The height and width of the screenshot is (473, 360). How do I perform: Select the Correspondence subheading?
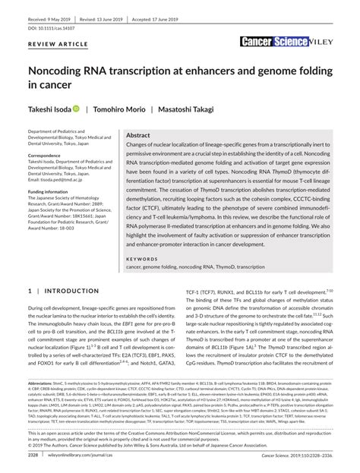(x=51, y=155)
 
